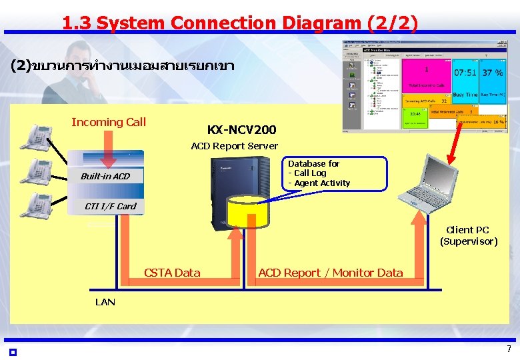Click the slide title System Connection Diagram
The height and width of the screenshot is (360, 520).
[240, 23]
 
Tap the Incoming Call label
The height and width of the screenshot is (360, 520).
[108, 122]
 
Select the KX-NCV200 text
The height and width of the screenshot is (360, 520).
[241, 129]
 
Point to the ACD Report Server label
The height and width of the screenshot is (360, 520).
[234, 146]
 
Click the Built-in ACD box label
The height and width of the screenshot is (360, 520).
[105, 176]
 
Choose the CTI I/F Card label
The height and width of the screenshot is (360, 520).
[110, 206]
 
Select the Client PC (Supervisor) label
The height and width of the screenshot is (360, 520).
[468, 236]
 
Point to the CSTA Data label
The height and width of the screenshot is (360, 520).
[172, 272]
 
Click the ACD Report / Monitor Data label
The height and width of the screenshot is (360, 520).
[330, 272]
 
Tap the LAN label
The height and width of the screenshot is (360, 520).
[105, 302]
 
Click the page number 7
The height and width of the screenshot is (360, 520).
[509, 349]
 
